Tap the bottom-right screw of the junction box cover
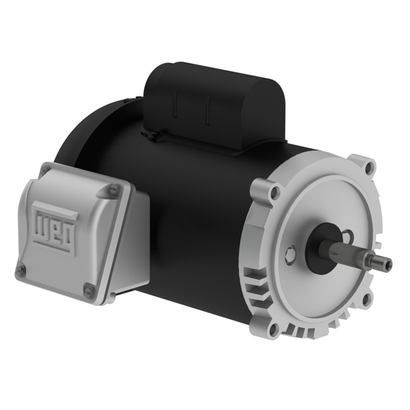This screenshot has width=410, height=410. tap(90, 290)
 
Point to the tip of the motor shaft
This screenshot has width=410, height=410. tap(390, 264)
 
